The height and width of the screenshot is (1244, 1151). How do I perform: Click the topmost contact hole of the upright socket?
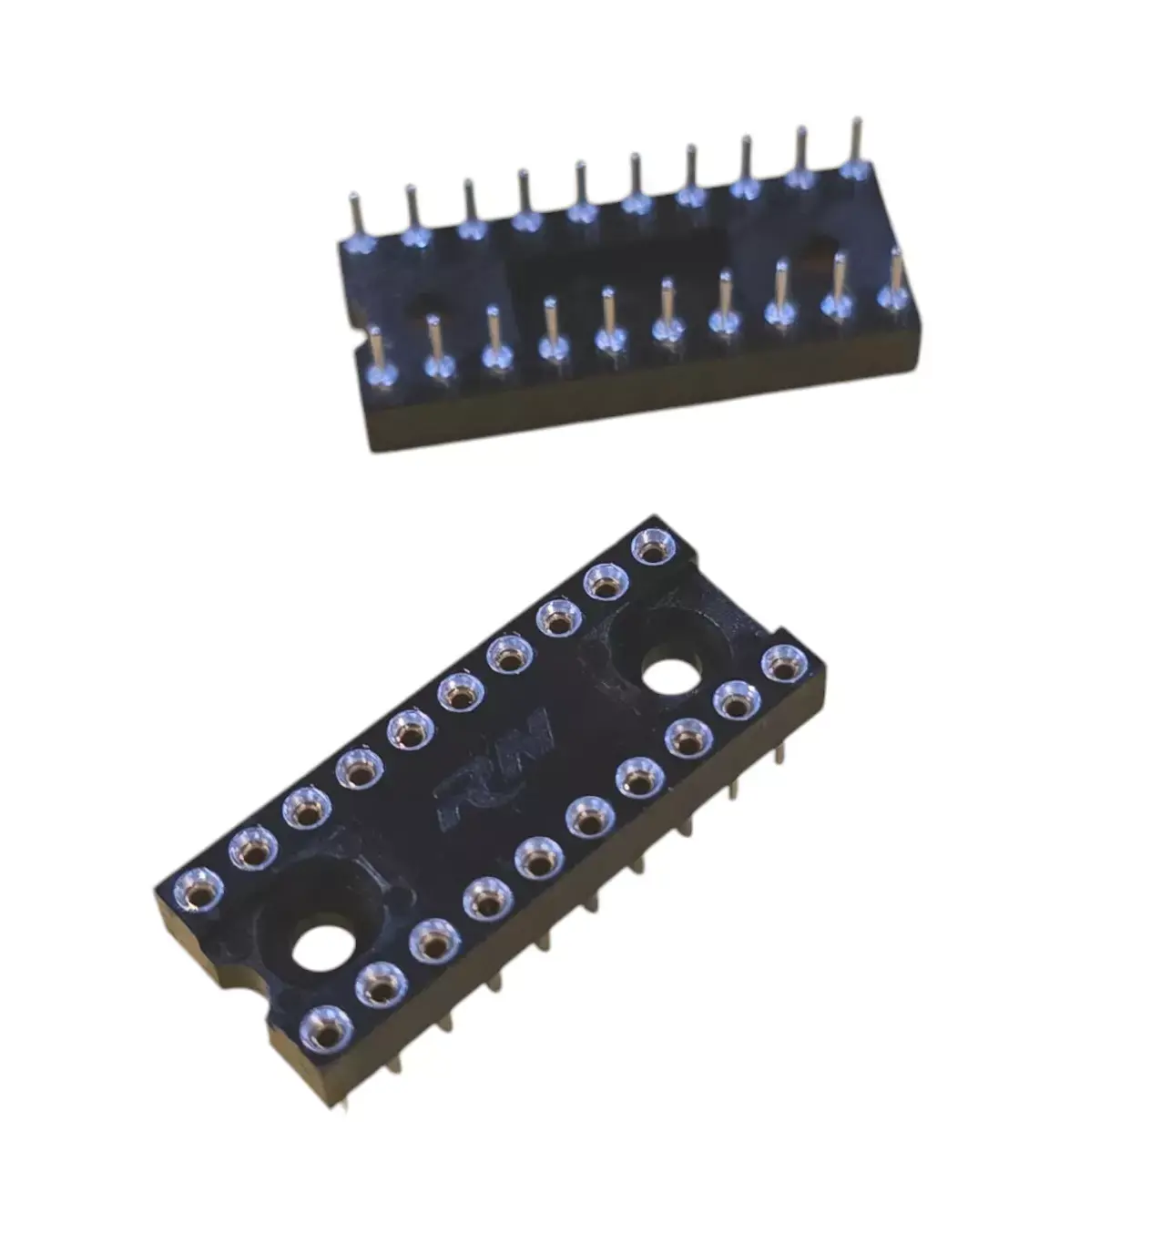coord(651,549)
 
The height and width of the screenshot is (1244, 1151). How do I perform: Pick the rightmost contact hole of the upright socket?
coord(781,663)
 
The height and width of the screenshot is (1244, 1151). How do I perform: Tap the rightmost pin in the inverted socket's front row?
coord(896,278)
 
